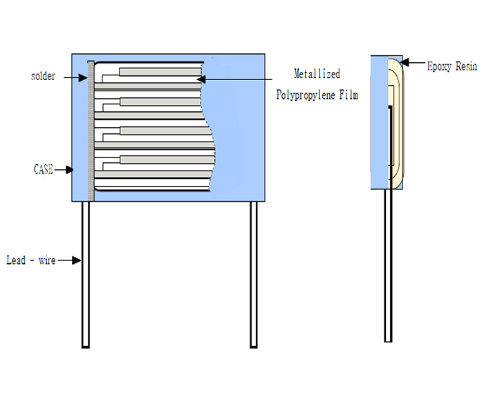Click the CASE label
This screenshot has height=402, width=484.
click(x=43, y=168)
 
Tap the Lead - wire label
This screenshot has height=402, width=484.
click(x=30, y=260)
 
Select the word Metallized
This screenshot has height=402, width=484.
click(x=317, y=74)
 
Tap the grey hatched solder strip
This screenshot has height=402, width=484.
click(x=91, y=131)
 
